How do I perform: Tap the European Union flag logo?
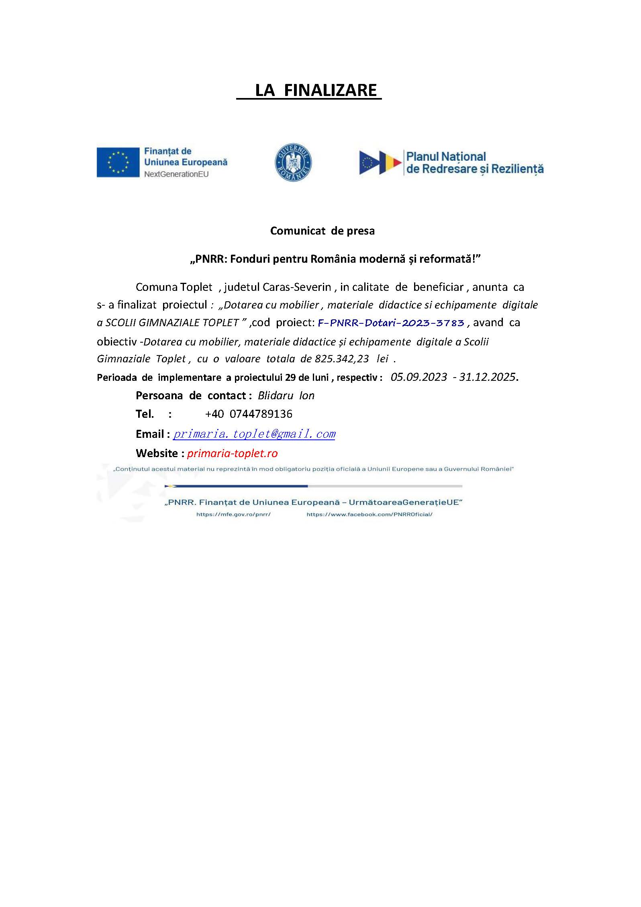118,162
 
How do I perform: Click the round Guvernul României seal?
293,162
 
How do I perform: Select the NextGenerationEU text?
176,174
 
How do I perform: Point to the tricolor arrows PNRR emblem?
380,163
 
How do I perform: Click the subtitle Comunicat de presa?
322,231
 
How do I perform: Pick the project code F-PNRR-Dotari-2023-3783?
391,323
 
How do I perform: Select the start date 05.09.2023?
418,377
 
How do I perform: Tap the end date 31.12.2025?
487,377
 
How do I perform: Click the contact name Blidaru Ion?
286,396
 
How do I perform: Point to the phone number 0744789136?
261,414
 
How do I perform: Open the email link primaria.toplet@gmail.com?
254,434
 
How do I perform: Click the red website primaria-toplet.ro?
232,453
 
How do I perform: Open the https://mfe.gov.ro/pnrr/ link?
233,515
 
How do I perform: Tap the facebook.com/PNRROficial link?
369,515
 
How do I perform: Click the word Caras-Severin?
297,287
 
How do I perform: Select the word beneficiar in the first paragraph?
438,287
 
